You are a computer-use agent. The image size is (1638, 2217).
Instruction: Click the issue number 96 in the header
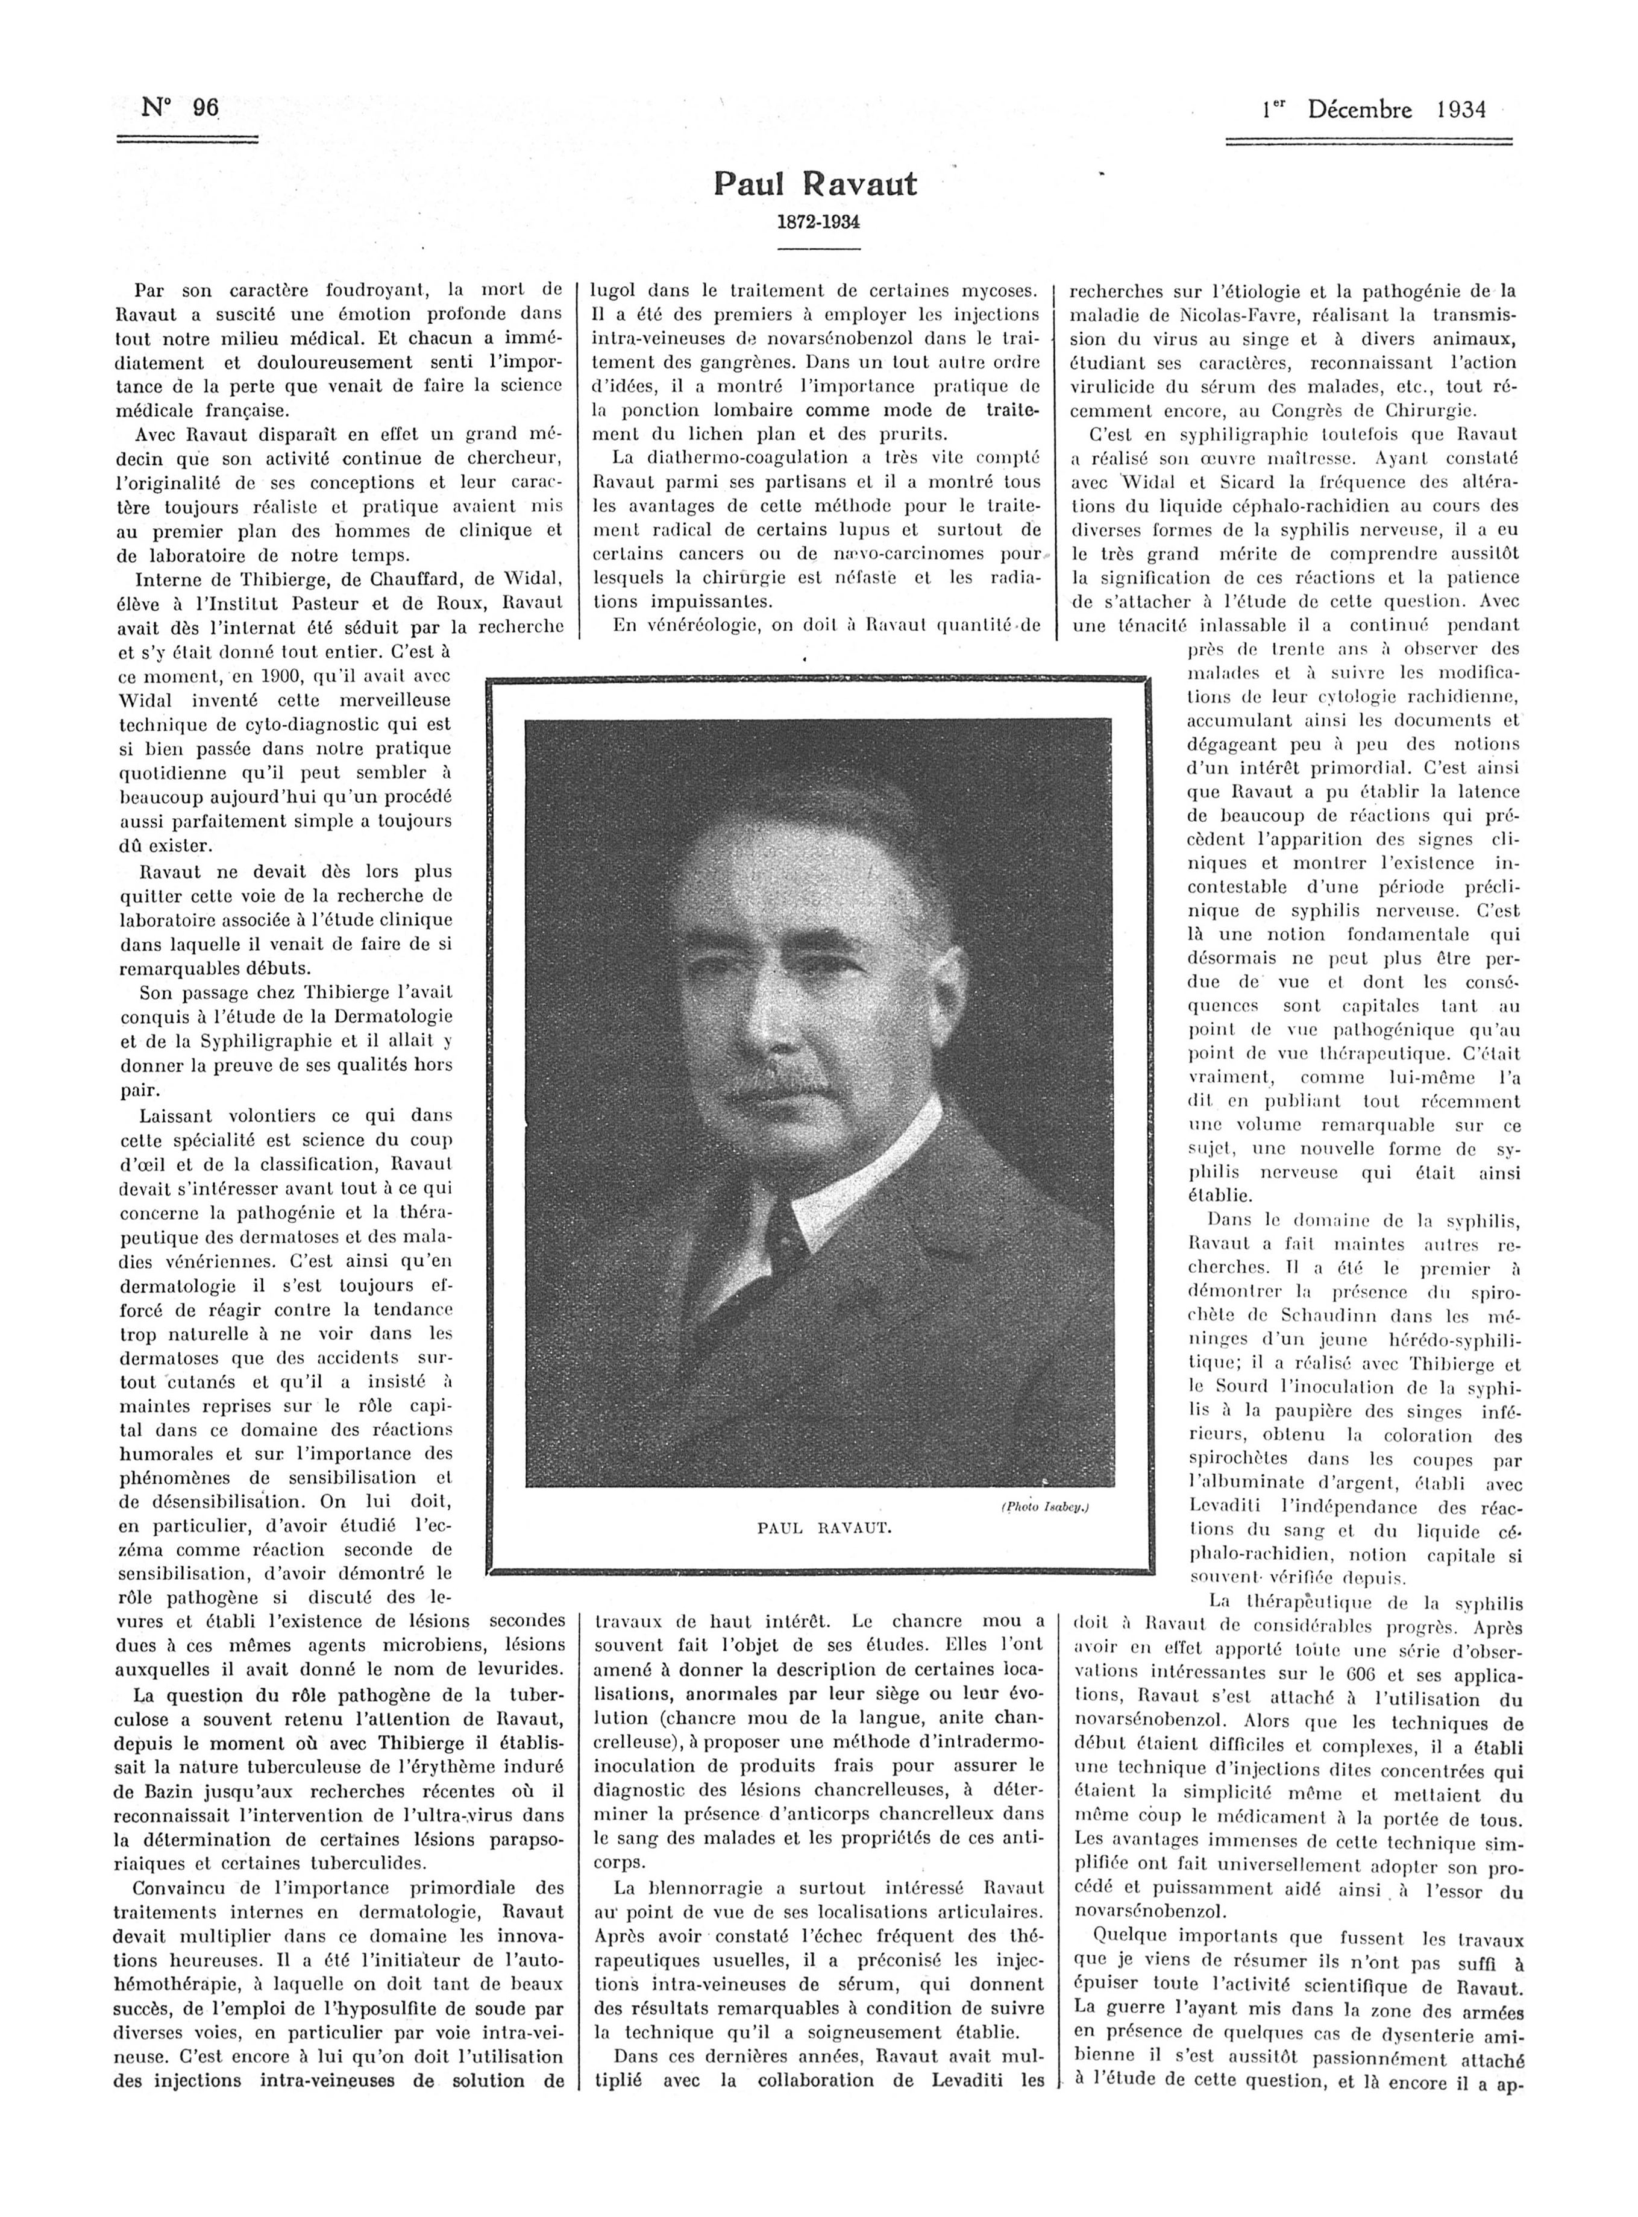point(206,107)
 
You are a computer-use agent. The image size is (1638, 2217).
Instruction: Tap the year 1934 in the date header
point(1461,109)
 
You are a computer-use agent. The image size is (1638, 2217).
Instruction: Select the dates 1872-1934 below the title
point(817,221)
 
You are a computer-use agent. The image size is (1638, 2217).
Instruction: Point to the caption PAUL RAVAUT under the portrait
point(825,1528)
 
